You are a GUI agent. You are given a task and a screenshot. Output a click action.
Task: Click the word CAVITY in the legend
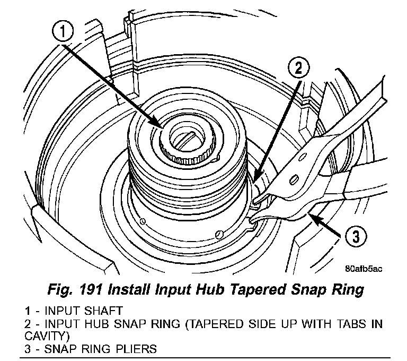[42, 336]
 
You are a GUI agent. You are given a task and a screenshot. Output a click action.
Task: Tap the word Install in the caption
[152, 289]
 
